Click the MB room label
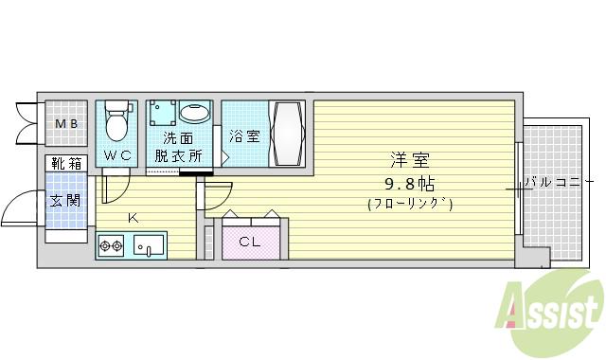(x=65, y=124)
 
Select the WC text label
(x=117, y=154)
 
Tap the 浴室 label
(x=245, y=136)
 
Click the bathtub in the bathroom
(x=286, y=134)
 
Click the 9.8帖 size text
(x=409, y=183)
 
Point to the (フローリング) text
(x=410, y=204)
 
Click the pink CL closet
(x=251, y=242)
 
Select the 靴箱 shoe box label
(x=65, y=163)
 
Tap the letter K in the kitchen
(x=133, y=219)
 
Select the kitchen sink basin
(x=150, y=249)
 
